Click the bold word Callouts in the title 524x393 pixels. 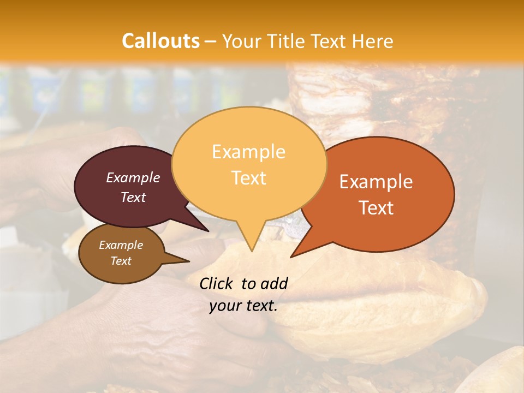coord(160,41)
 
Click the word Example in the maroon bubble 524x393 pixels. coord(133,177)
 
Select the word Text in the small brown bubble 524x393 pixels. coord(121,261)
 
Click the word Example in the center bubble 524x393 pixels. coord(249,152)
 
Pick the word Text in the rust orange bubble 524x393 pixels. coord(376,208)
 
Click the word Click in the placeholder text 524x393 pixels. coord(217,283)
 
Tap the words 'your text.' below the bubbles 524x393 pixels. coord(243,306)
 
